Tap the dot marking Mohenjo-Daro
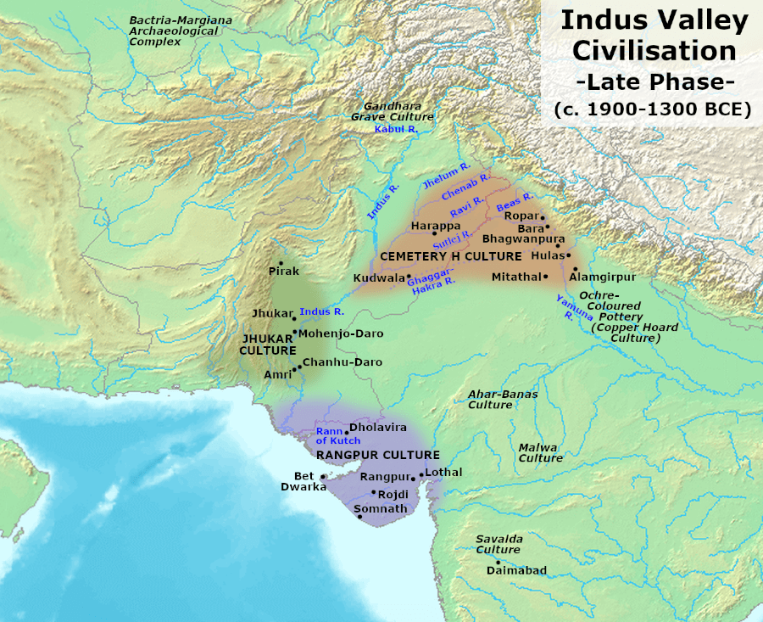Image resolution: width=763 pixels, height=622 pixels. [295, 333]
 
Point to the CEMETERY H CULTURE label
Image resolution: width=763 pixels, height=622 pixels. [450, 255]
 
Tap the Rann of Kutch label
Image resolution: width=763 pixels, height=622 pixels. [338, 435]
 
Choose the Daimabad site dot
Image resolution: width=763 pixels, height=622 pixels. [498, 561]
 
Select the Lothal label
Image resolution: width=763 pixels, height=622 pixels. [445, 471]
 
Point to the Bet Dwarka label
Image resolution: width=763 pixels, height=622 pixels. [303, 482]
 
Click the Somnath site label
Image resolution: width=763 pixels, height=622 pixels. [380, 508]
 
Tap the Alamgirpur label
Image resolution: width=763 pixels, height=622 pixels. [603, 277]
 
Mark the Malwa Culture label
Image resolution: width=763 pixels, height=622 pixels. [540, 452]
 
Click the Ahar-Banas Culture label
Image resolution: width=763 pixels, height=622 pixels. [503, 399]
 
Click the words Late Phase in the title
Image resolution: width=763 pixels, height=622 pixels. [654, 81]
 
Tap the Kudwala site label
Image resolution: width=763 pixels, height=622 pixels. [379, 277]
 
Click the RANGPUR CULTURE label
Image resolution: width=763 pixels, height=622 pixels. [377, 455]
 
